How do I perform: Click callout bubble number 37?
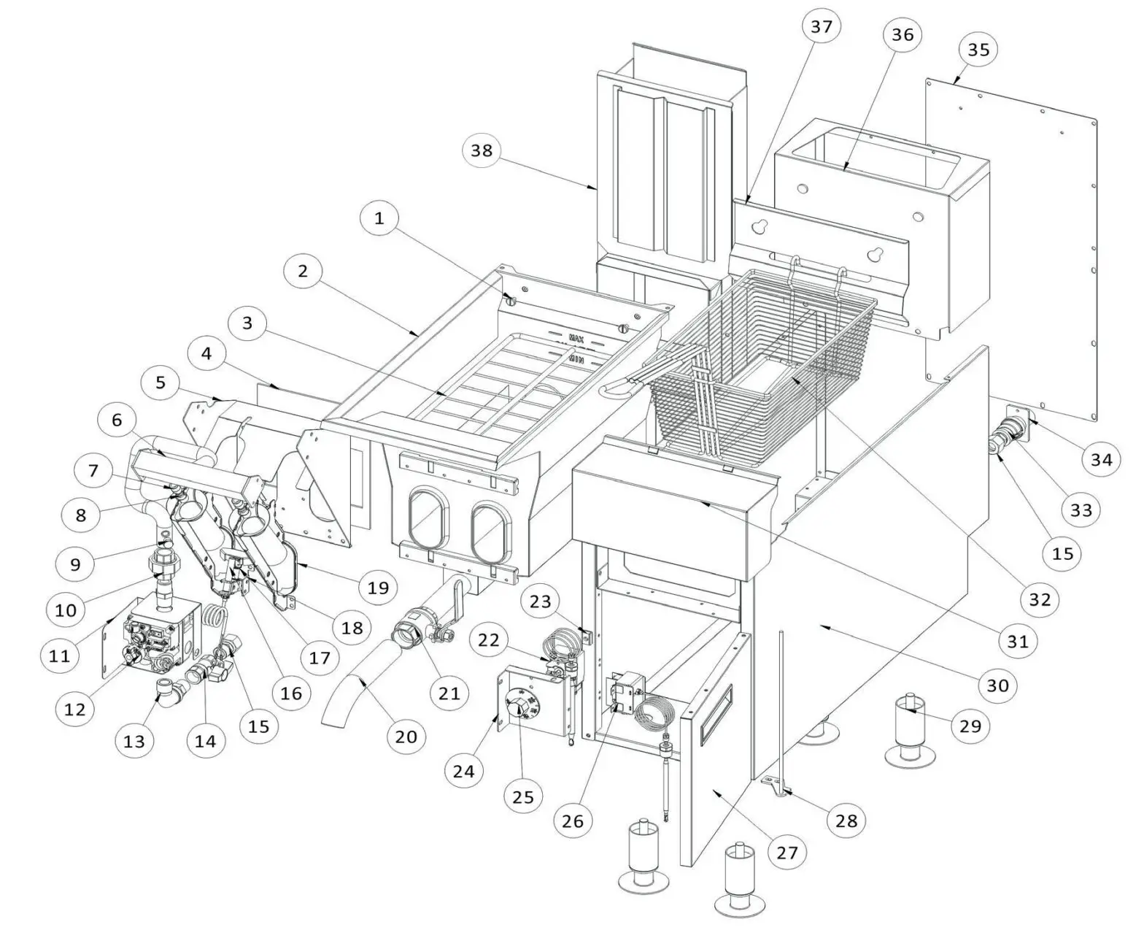click(821, 27)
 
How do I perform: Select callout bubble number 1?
click(379, 218)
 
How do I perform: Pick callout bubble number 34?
click(1101, 458)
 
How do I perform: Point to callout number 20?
click(406, 736)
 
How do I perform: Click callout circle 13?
click(134, 741)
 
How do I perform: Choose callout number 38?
click(482, 150)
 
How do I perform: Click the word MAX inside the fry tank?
click(576, 340)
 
